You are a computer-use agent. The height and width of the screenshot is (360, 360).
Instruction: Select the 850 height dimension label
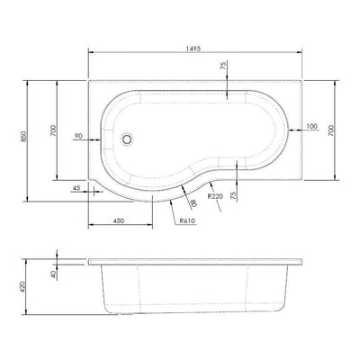(24, 137)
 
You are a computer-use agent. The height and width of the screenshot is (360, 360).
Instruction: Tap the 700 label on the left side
(53, 130)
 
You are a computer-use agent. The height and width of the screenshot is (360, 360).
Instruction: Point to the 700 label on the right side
(331, 130)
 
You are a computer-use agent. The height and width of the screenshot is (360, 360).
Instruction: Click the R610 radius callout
(187, 221)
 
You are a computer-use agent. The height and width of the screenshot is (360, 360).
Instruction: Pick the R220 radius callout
(216, 196)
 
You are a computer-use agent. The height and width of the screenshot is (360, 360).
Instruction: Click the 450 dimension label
(119, 220)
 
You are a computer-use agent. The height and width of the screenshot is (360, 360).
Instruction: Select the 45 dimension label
(76, 188)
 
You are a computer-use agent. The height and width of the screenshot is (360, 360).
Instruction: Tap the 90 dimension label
(78, 136)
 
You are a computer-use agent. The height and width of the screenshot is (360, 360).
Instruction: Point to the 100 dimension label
(312, 126)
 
